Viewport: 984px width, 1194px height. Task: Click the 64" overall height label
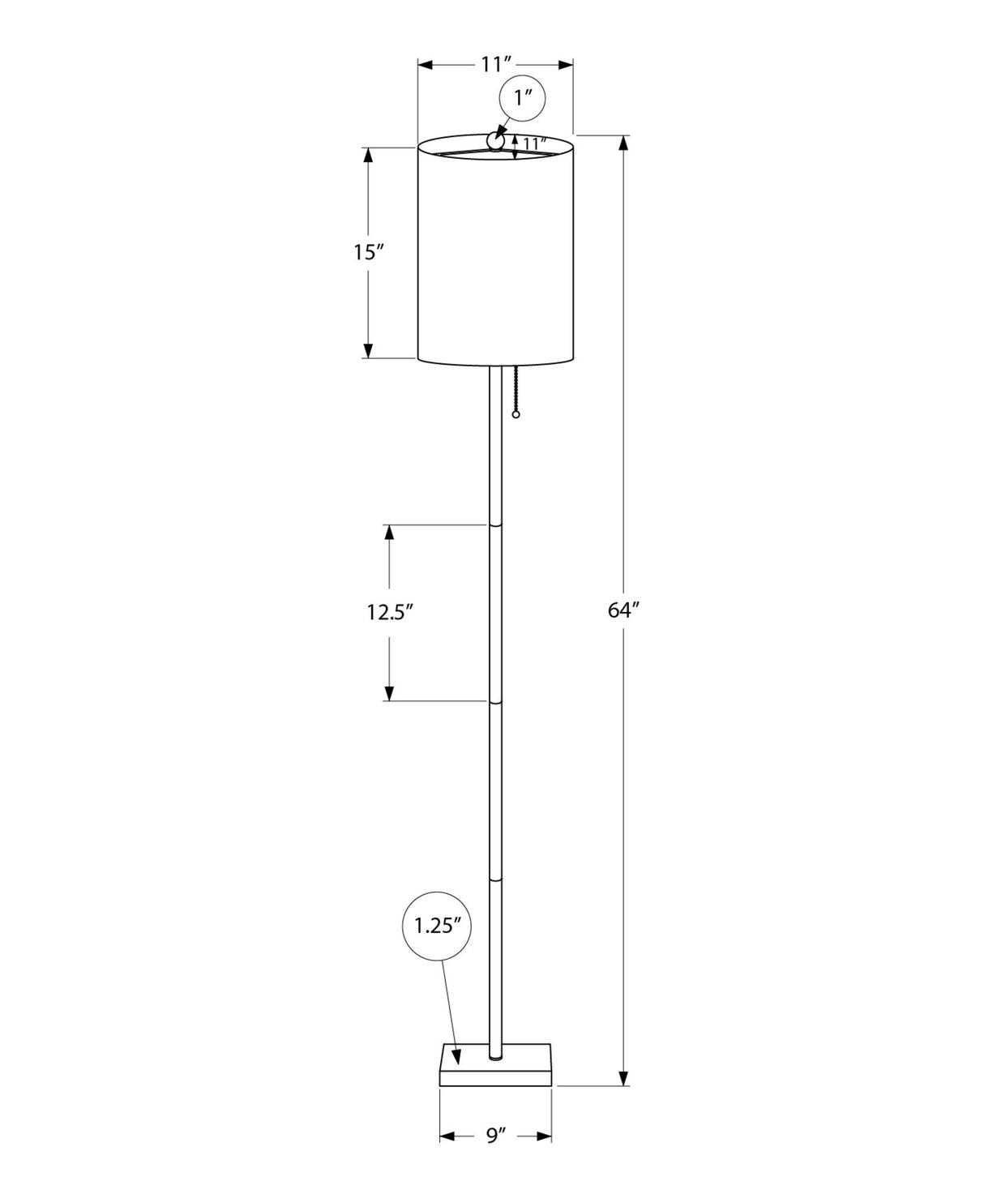624,610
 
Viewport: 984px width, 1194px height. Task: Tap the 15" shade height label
367,252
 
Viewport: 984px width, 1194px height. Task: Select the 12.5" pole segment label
390,612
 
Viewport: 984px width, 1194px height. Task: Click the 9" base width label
495,1136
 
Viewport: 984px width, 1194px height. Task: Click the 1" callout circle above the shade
523,97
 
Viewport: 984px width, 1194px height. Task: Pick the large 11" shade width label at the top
495,65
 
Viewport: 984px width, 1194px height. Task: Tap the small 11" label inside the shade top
532,143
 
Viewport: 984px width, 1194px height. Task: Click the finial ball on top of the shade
495,142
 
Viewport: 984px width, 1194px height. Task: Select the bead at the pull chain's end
516,415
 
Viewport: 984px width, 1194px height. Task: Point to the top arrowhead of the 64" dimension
623,143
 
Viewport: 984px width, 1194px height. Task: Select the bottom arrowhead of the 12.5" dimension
390,693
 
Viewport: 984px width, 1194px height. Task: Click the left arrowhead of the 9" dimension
447,1136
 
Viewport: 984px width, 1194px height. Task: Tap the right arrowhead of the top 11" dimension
566,65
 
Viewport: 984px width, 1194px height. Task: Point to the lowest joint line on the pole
495,876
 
